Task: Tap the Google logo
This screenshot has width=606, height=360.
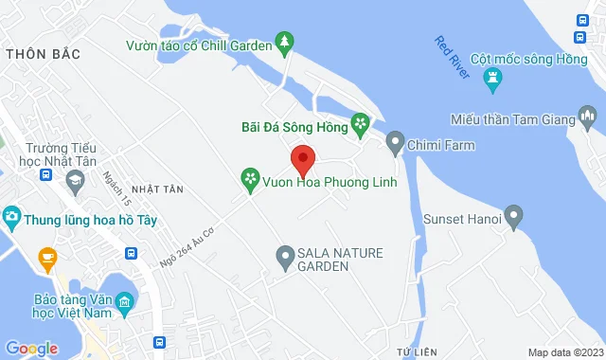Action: point(30,349)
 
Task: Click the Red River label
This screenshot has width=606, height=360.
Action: point(453,57)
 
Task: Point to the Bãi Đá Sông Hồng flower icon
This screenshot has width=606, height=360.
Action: point(360,123)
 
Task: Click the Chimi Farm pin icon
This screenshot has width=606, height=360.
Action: point(395,145)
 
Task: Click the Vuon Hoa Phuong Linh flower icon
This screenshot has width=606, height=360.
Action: point(250,177)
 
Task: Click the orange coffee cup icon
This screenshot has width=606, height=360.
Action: point(45,256)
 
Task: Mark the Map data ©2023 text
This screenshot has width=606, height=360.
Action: point(564,352)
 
